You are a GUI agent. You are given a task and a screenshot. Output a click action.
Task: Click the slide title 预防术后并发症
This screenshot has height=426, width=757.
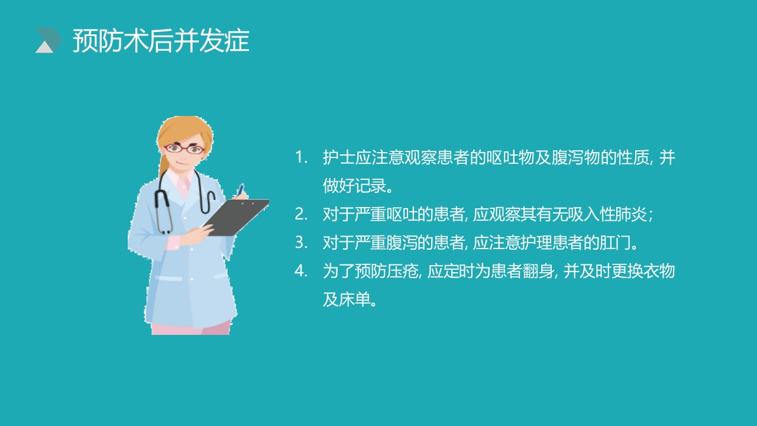pyautogui.click(x=161, y=41)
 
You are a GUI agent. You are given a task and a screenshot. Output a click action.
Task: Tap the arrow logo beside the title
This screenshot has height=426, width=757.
pyautogui.click(x=48, y=40)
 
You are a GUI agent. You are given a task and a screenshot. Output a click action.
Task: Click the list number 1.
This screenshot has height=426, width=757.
pyautogui.click(x=302, y=158)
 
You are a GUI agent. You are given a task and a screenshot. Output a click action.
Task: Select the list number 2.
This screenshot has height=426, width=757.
pyautogui.click(x=302, y=214)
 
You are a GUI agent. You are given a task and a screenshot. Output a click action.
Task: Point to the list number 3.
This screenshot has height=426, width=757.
pyautogui.click(x=302, y=243)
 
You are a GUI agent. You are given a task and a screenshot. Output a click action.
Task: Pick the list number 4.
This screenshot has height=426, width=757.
pyautogui.click(x=302, y=271)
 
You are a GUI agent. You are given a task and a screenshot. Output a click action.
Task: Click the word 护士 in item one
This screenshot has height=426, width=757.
pyautogui.click(x=338, y=158)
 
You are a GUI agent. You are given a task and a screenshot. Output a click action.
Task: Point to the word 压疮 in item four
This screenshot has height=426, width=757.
pyautogui.click(x=402, y=271)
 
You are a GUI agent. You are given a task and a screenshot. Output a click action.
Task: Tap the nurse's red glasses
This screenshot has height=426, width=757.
pyautogui.click(x=184, y=149)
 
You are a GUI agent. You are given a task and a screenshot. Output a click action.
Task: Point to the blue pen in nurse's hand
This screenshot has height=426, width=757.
pyautogui.click(x=241, y=189)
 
